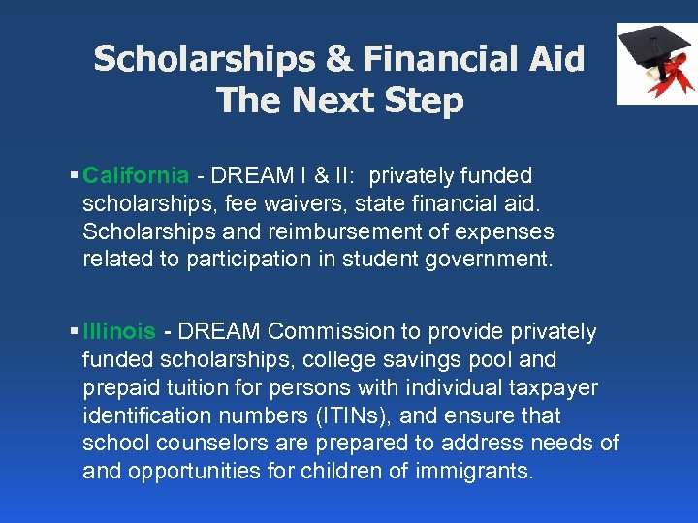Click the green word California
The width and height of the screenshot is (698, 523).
point(136,176)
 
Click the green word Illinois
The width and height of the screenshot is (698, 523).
point(119,332)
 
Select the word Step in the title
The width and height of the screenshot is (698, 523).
point(423,101)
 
